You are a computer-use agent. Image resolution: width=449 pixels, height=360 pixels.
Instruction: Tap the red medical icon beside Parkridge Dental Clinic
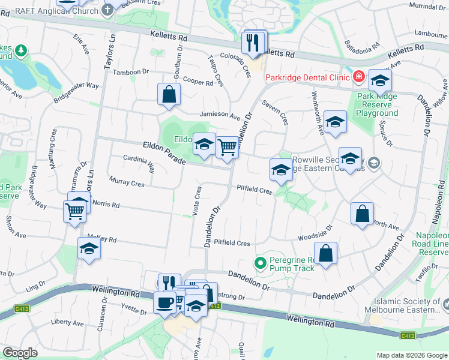click(358, 77)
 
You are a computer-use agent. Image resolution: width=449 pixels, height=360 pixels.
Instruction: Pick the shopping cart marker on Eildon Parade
click(227, 147)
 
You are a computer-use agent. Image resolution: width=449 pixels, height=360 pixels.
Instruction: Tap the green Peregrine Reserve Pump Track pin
click(261, 263)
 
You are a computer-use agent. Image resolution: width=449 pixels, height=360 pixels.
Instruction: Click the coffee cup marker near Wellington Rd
click(164, 302)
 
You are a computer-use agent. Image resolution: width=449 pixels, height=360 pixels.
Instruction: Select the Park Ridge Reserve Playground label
click(377, 104)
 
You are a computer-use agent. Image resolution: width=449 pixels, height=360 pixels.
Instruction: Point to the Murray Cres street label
click(127, 181)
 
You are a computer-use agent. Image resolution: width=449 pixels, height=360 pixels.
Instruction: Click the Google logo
click(20, 352)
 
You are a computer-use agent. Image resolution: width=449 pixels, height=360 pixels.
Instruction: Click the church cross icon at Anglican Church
click(108, 9)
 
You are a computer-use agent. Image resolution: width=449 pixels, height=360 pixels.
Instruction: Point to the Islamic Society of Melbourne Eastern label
click(406, 306)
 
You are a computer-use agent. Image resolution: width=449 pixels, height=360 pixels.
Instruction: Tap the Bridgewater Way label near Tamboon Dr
click(76, 92)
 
